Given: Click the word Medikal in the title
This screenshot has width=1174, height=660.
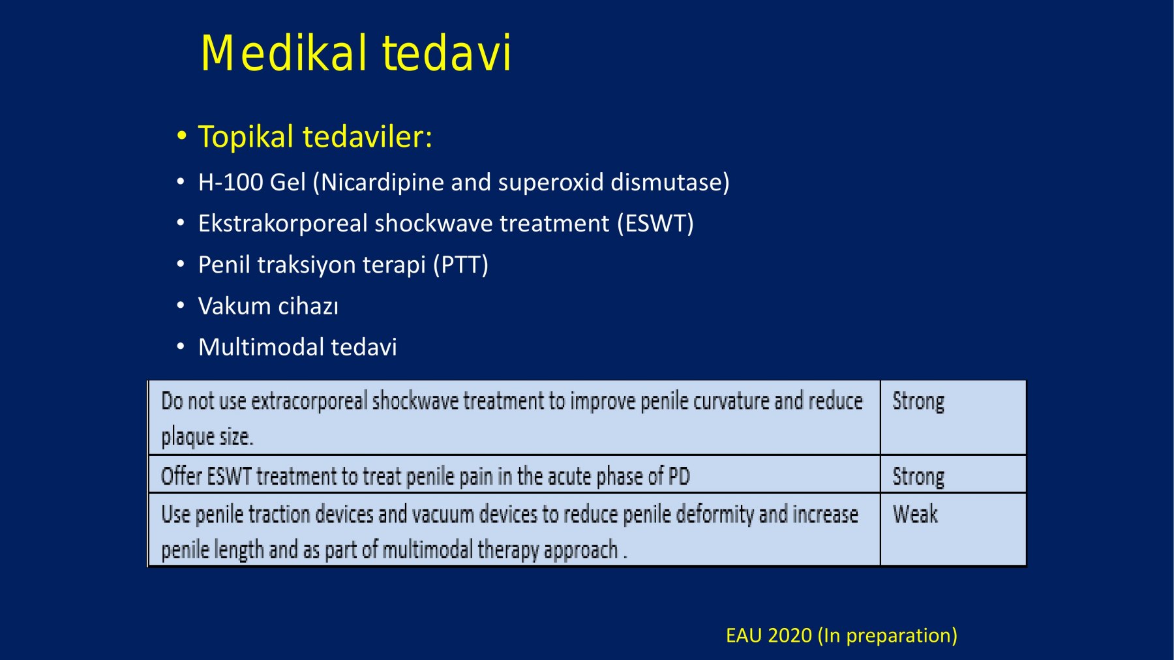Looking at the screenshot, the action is (x=284, y=53).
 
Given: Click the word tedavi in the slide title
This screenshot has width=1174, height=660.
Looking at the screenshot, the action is (x=447, y=53).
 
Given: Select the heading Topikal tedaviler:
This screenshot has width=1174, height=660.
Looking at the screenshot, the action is (x=315, y=137).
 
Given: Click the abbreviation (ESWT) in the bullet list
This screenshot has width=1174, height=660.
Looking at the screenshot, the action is (x=655, y=224).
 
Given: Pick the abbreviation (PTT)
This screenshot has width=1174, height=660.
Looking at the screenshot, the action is (x=460, y=265).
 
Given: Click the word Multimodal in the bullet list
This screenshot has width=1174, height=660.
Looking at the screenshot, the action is (x=261, y=347).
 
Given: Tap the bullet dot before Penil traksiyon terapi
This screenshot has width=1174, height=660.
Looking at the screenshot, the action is (x=181, y=265).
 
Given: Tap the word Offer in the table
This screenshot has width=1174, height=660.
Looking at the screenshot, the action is (x=181, y=477).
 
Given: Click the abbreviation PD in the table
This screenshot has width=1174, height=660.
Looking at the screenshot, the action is (x=679, y=477).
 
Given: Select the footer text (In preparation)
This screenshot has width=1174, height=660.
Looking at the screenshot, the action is (x=888, y=636).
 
